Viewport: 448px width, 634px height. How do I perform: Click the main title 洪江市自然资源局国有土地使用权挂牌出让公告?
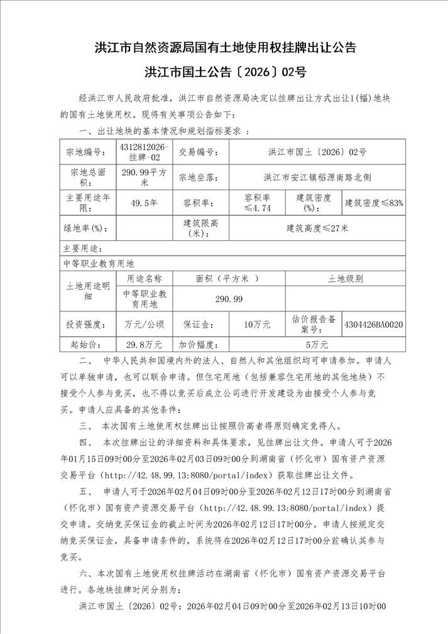click(224, 47)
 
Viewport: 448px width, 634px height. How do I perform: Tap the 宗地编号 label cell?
click(88, 152)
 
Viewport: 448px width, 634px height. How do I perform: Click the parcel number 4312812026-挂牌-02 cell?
click(145, 152)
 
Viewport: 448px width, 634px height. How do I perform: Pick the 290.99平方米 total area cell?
click(145, 177)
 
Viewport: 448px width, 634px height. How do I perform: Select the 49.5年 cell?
click(145, 203)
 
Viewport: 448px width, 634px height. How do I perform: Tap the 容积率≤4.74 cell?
click(257, 203)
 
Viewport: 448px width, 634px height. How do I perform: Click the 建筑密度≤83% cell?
click(374, 203)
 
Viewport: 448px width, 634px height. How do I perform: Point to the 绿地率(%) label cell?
click(88, 228)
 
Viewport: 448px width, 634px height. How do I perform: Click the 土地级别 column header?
click(345, 279)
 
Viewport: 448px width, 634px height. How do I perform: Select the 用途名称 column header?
click(145, 279)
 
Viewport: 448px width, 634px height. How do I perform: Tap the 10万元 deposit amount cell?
click(257, 324)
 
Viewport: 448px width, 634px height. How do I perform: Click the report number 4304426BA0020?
click(374, 324)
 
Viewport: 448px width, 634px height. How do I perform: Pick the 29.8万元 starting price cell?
click(145, 344)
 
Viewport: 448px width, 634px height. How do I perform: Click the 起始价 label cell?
click(88, 344)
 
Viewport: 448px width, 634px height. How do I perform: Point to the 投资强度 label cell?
click(88, 324)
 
